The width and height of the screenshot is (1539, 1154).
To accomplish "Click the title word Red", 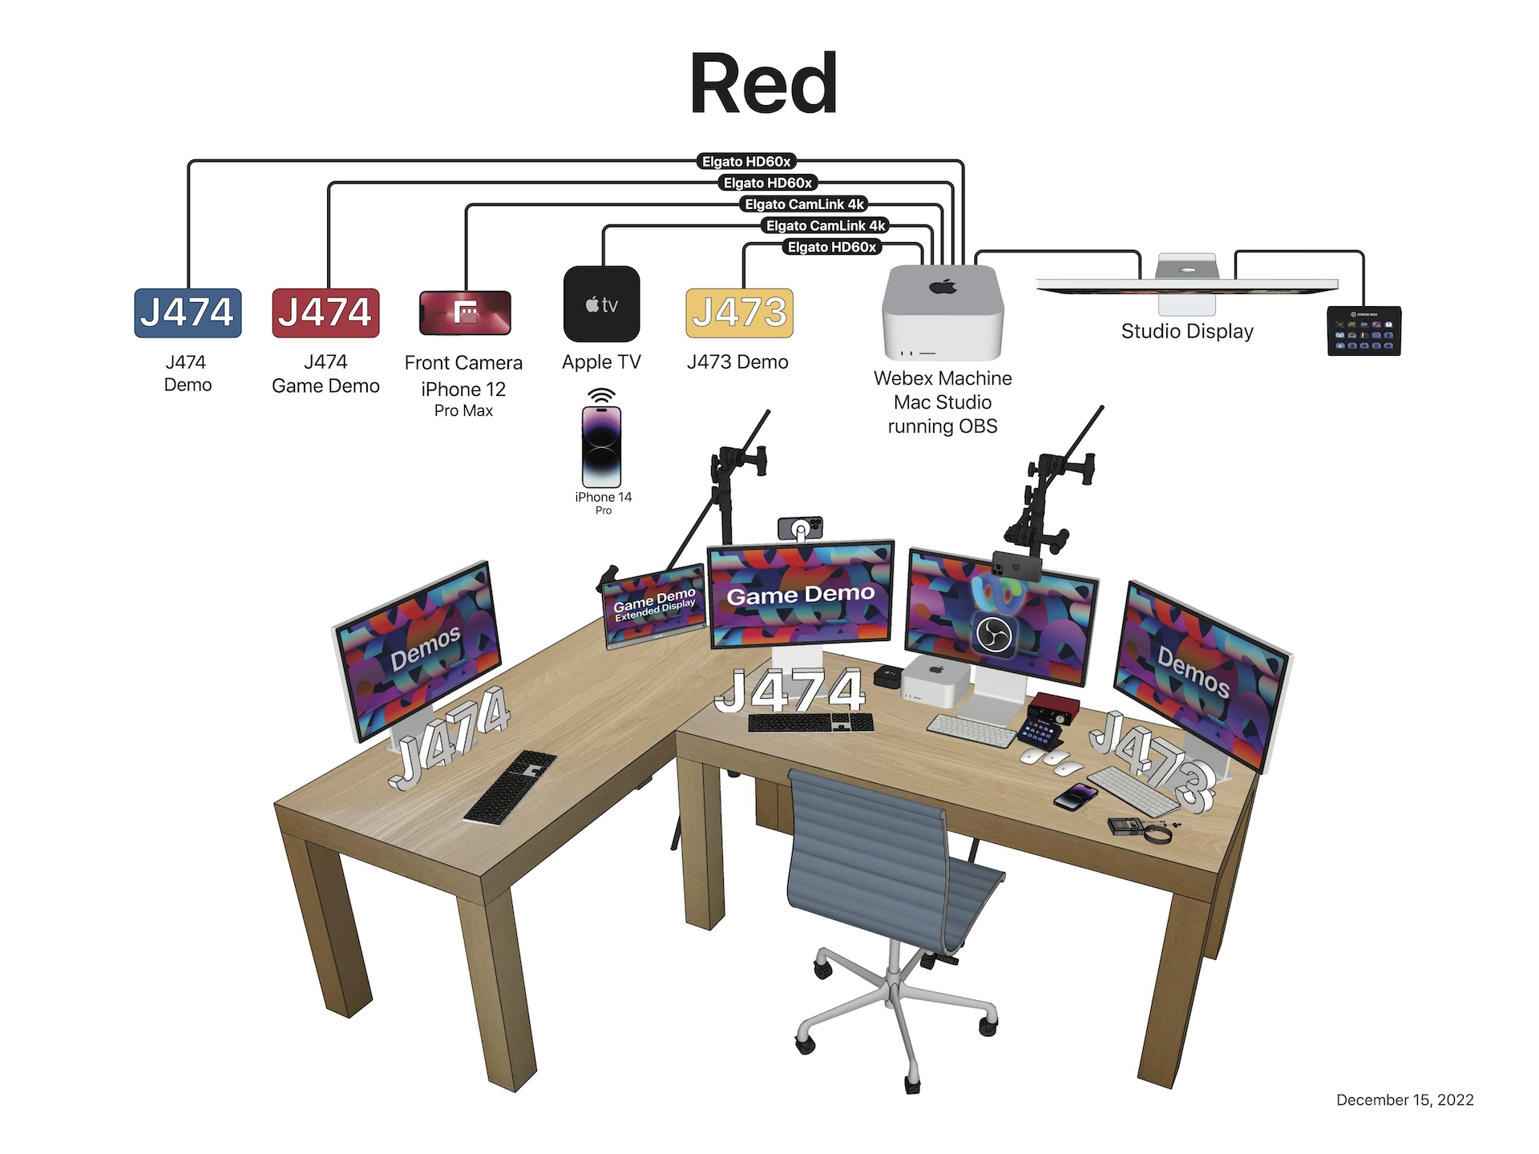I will tap(763, 84).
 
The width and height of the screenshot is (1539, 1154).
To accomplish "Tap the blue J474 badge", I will tap(188, 313).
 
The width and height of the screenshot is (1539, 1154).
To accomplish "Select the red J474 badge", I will tap(325, 313).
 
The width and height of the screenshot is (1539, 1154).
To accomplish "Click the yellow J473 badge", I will tap(739, 313).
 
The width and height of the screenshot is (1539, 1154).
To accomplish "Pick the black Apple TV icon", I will tap(601, 304).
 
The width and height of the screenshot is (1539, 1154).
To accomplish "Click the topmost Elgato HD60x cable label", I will tap(746, 162).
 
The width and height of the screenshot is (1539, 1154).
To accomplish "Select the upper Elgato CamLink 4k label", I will tap(804, 204).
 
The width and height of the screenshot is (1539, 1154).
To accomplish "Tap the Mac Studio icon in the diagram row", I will tap(943, 313).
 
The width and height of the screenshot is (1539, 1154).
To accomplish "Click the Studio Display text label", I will tap(1186, 331).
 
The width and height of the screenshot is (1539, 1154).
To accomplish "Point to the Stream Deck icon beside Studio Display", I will tap(1363, 330).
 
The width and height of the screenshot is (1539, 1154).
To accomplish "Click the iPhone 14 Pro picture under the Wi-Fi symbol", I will tap(601, 446).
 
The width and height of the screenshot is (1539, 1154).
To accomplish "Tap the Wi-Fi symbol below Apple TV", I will tap(601, 396).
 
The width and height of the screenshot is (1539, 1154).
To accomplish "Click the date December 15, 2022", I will tap(1404, 1100).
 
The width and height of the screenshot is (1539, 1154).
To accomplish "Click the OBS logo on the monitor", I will tap(994, 636).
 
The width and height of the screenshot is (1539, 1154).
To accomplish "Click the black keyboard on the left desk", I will tap(510, 787).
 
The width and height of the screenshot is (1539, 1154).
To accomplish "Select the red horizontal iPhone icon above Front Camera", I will tap(465, 313).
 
